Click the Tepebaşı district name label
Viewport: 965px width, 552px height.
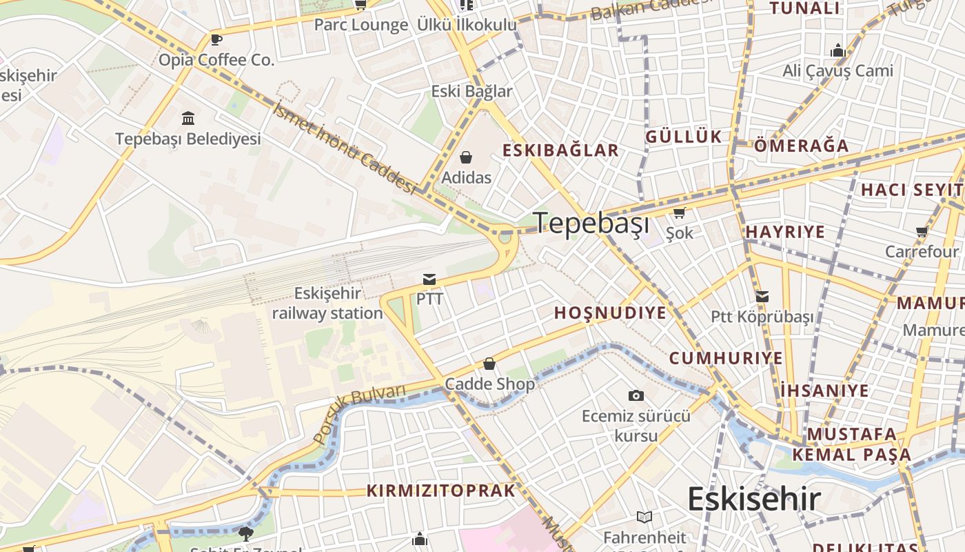(x=591, y=223)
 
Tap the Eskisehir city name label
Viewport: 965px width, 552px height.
(x=754, y=499)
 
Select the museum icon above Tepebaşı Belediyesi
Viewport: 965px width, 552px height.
(x=188, y=118)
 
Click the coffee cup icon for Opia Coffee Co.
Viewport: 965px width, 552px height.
(x=216, y=39)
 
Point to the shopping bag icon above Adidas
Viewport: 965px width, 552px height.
(x=466, y=157)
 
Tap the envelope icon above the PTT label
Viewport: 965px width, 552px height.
(x=429, y=279)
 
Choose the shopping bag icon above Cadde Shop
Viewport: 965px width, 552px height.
(x=489, y=363)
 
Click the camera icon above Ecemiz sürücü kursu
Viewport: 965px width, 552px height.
(x=636, y=395)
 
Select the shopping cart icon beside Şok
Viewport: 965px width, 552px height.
(x=679, y=213)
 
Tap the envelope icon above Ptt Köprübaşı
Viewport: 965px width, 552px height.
(x=762, y=297)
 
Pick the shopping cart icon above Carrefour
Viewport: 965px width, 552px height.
(x=922, y=232)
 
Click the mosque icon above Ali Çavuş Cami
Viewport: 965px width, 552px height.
(x=838, y=50)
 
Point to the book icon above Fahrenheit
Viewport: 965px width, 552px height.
(x=644, y=517)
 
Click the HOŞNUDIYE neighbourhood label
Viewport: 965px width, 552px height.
(x=611, y=313)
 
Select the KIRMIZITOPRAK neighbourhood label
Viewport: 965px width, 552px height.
(x=441, y=491)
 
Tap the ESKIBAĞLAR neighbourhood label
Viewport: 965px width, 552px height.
(x=560, y=150)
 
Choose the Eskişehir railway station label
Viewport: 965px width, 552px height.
(x=327, y=304)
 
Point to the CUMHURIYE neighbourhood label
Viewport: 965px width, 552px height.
(x=726, y=358)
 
